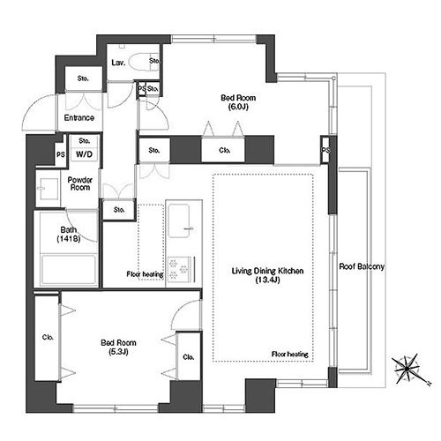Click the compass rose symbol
coord(407,369)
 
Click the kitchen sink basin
coord(178,220)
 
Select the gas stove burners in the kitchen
coord(179,268)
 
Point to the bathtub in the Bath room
coord(69,270)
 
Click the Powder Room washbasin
coord(48,189)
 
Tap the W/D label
coord(85,154)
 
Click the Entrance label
coord(79,118)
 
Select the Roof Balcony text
coord(362,266)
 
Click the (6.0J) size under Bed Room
coord(238,107)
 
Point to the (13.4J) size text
coord(267,280)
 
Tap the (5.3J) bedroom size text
coord(118,352)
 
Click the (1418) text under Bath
coord(69,238)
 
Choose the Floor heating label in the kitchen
coord(145,274)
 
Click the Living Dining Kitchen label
coord(267,271)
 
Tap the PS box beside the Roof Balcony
coord(325,150)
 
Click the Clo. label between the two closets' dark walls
coord(224,151)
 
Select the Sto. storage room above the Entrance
coord(83,78)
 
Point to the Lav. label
coord(118,63)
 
